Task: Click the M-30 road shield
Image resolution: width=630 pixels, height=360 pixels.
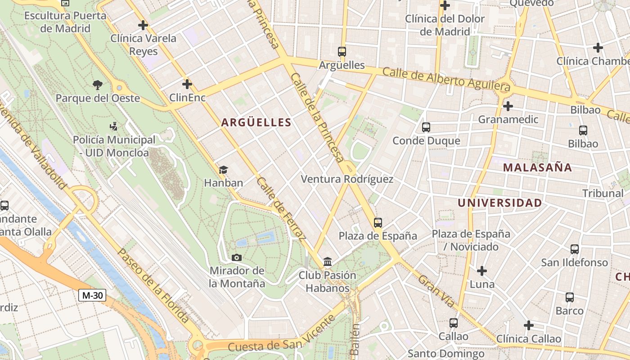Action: coord(92,295)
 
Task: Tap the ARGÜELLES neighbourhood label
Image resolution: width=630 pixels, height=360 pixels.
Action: coord(256,122)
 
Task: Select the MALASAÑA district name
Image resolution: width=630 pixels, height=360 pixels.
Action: coord(537,168)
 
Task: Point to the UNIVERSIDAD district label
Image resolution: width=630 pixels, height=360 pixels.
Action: coord(499,203)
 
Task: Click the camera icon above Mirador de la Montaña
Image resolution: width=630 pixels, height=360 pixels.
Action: coord(237,257)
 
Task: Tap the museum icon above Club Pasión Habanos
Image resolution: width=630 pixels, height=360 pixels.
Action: coord(328,262)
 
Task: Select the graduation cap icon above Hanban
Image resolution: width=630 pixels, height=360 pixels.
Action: coord(223,170)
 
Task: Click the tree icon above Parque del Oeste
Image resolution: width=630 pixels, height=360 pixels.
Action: coord(97,85)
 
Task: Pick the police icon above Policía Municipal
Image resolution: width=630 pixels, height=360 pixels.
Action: coord(113,126)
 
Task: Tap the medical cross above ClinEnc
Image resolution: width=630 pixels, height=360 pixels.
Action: coord(187,84)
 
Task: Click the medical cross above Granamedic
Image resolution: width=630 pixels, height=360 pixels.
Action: coord(508,106)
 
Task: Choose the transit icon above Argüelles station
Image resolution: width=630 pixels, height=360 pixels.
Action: coord(342,52)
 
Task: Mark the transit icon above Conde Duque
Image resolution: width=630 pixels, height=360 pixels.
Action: coord(426,127)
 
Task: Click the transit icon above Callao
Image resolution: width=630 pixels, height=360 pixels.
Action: coord(454,323)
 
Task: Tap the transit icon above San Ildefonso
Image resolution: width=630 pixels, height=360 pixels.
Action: coord(575,249)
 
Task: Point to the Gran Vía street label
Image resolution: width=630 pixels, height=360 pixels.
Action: coord(436,291)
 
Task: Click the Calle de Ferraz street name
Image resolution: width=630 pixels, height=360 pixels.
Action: coord(281,207)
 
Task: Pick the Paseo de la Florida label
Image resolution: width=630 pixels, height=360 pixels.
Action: coord(153,284)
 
